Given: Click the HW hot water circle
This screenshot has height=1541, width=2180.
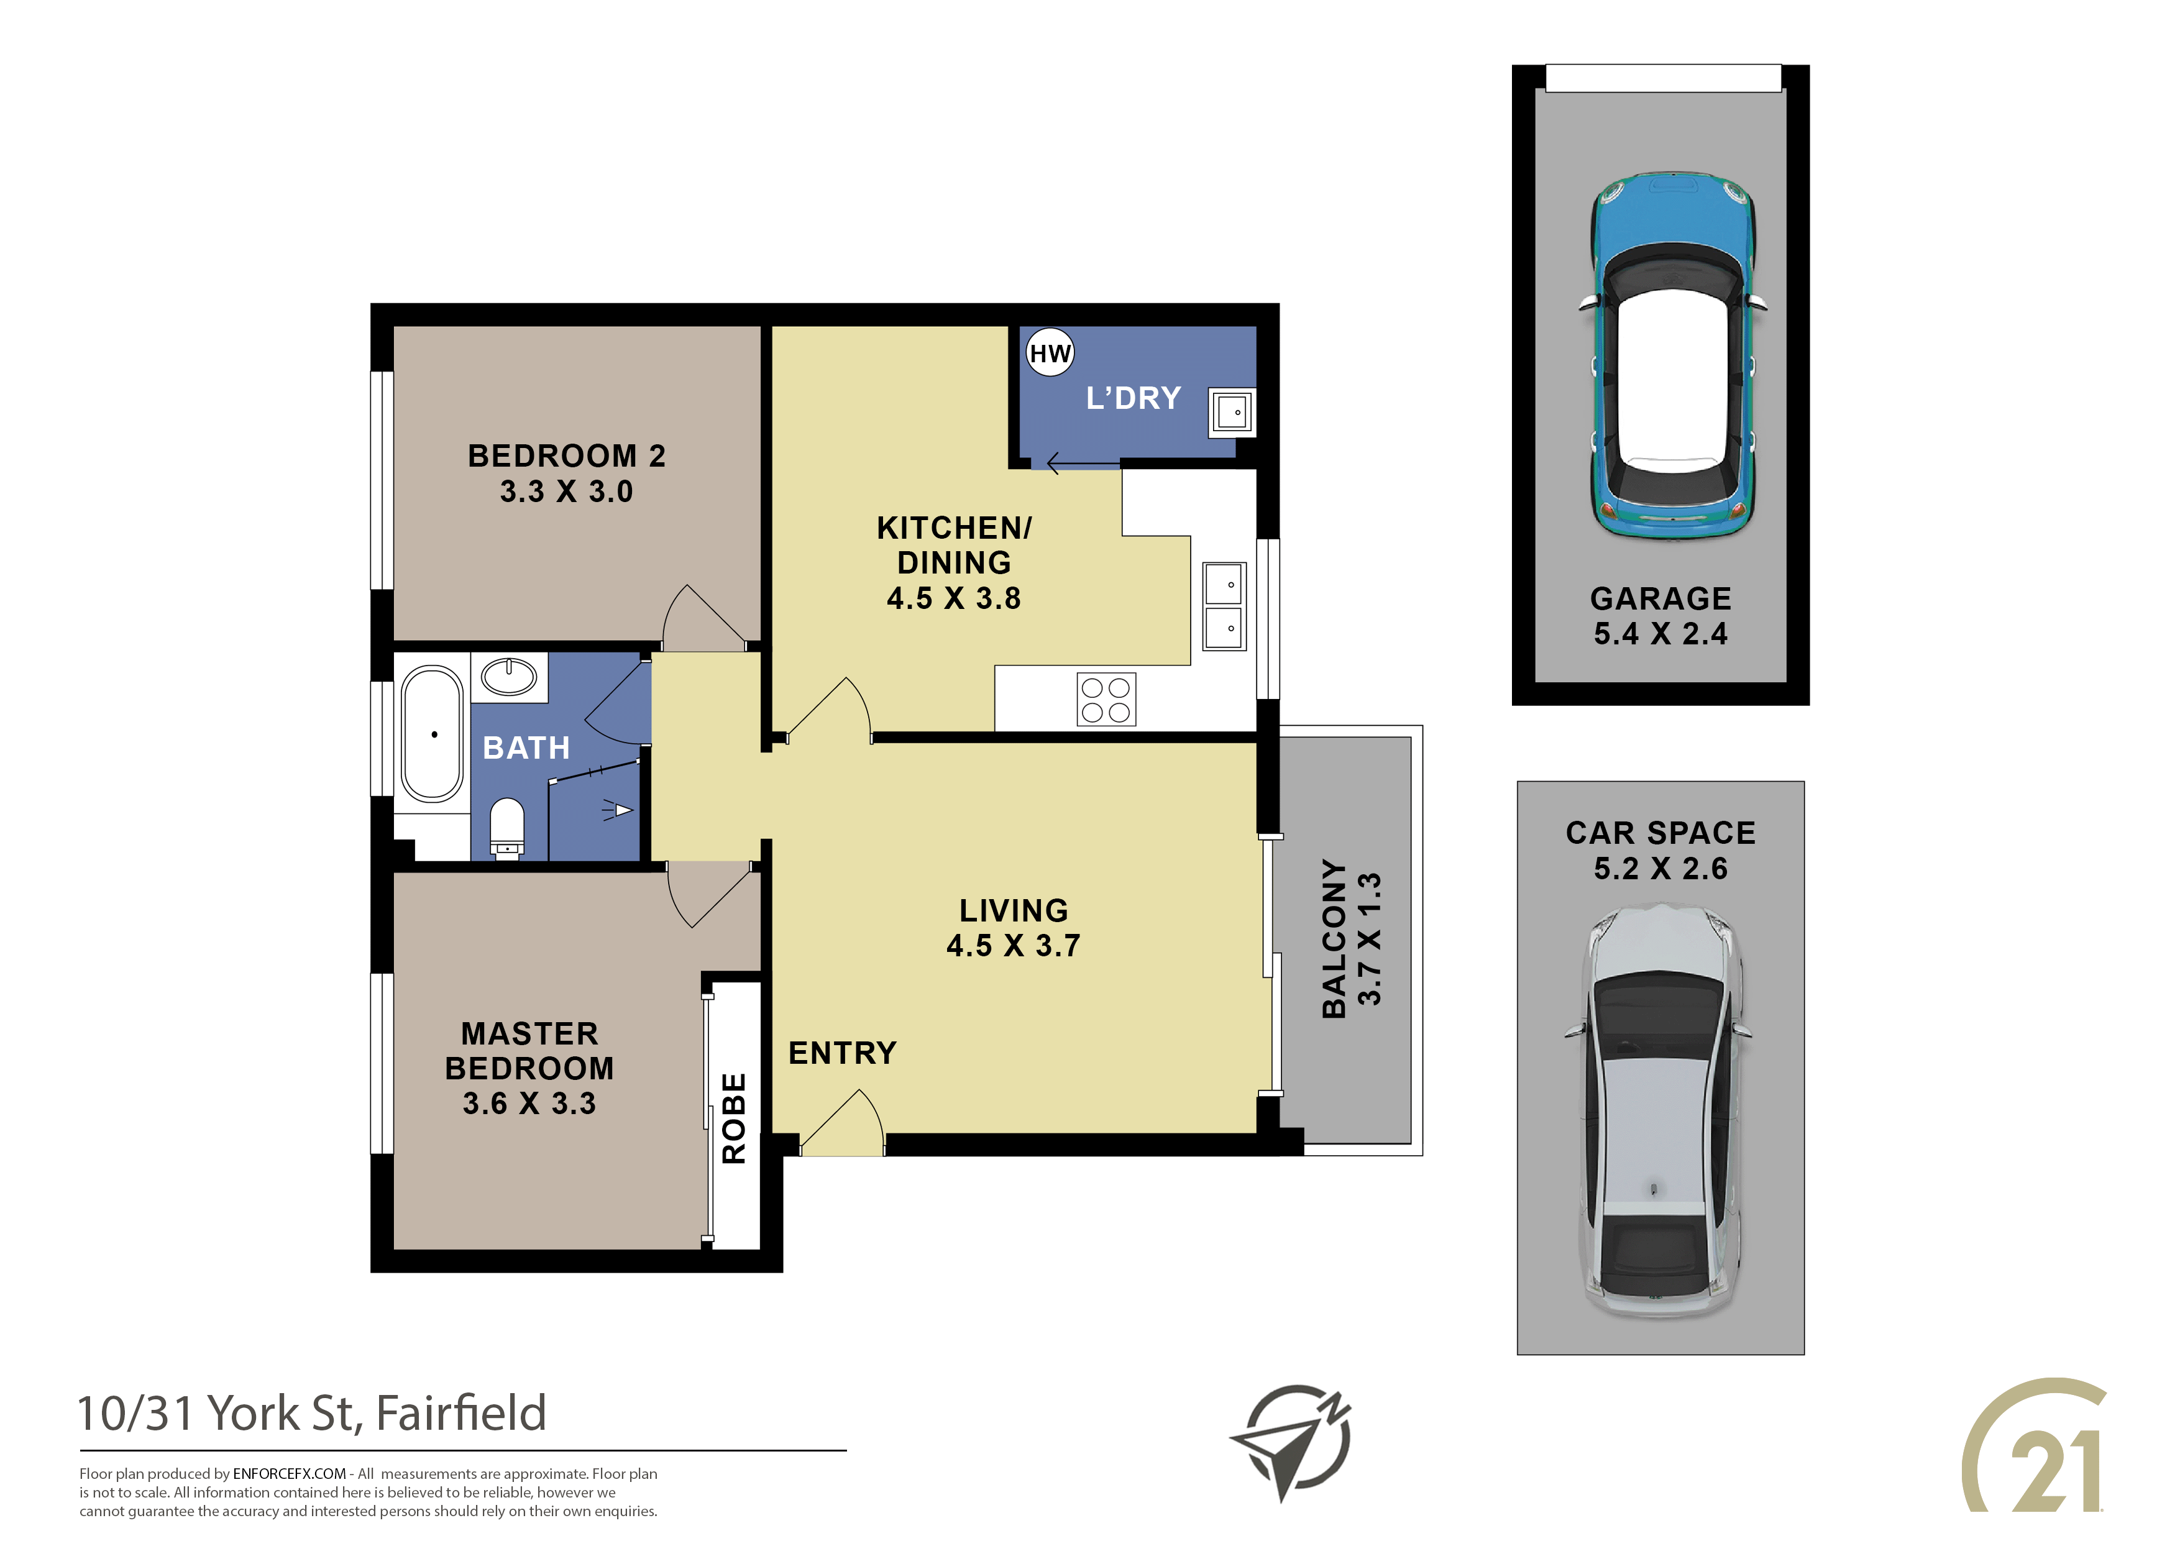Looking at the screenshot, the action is click(x=1050, y=352).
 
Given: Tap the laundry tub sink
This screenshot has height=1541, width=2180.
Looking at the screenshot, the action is click(x=1232, y=412).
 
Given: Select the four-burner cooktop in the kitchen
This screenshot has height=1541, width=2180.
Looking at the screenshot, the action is click(x=1106, y=700).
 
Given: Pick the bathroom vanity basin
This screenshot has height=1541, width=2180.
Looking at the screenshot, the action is click(x=509, y=677).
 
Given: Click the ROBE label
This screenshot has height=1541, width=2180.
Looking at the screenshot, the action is click(x=734, y=1118).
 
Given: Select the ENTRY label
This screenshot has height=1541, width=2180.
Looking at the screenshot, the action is click(x=842, y=1053).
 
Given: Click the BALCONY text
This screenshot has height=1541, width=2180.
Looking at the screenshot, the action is click(x=1334, y=939).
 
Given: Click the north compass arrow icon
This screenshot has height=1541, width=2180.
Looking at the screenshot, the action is click(x=1292, y=1442).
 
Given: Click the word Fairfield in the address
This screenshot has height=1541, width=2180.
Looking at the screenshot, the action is click(x=462, y=1413).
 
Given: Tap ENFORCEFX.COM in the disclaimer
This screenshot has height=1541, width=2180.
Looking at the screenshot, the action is click(x=290, y=1474).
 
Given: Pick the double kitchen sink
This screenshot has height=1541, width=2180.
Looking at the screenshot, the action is click(x=1224, y=606).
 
